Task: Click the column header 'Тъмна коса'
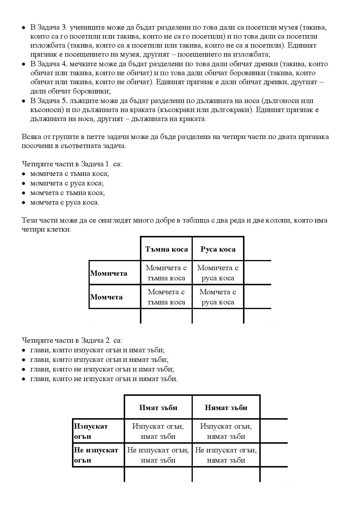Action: click(166, 249)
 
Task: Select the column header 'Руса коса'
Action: click(218, 249)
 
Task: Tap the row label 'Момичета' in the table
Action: click(109, 273)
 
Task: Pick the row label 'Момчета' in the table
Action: click(106, 297)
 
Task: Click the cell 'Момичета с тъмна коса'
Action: click(166, 273)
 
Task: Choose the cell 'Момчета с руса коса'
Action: click(218, 297)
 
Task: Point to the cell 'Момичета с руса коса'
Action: click(218, 273)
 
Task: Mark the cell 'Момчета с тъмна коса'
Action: click(166, 297)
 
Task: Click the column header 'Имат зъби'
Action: click(158, 408)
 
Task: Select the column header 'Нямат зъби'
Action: click(226, 408)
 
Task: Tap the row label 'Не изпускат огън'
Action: click(96, 455)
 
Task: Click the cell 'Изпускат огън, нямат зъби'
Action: click(226, 431)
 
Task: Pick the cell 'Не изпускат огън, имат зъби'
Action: click(158, 455)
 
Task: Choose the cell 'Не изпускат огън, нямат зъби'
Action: click(226, 455)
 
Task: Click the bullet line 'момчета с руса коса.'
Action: click(64, 202)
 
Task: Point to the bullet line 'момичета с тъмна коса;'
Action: click(70, 174)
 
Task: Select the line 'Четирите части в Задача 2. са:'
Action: click(72, 340)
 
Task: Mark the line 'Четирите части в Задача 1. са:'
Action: click(72, 164)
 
